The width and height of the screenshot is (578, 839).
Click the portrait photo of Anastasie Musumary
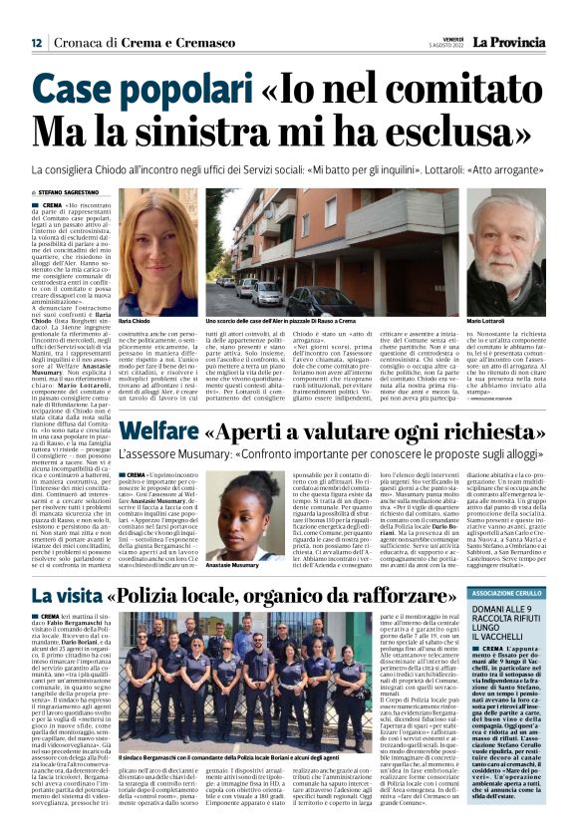pos(230,509)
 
